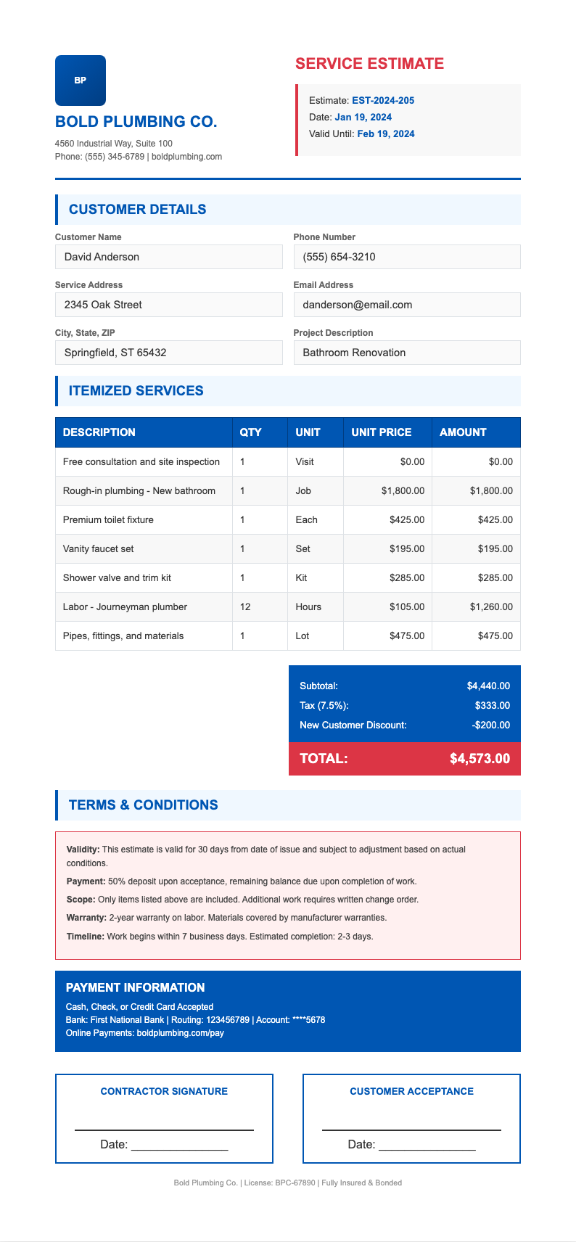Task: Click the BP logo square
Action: pyautogui.click(x=81, y=81)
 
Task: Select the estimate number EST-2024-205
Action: pyautogui.click(x=383, y=101)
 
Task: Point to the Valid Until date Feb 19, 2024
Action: pyautogui.click(x=386, y=133)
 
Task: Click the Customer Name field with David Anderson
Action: pyautogui.click(x=168, y=257)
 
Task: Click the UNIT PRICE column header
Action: pyautogui.click(x=381, y=432)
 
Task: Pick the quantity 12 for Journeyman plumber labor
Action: pyautogui.click(x=245, y=606)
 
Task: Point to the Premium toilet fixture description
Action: pyautogui.click(x=108, y=519)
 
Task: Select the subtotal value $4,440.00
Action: pyautogui.click(x=488, y=686)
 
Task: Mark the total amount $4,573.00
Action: pyautogui.click(x=480, y=759)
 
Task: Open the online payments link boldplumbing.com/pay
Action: pyautogui.click(x=180, y=1033)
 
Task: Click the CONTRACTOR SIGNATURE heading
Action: pyautogui.click(x=164, y=1091)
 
